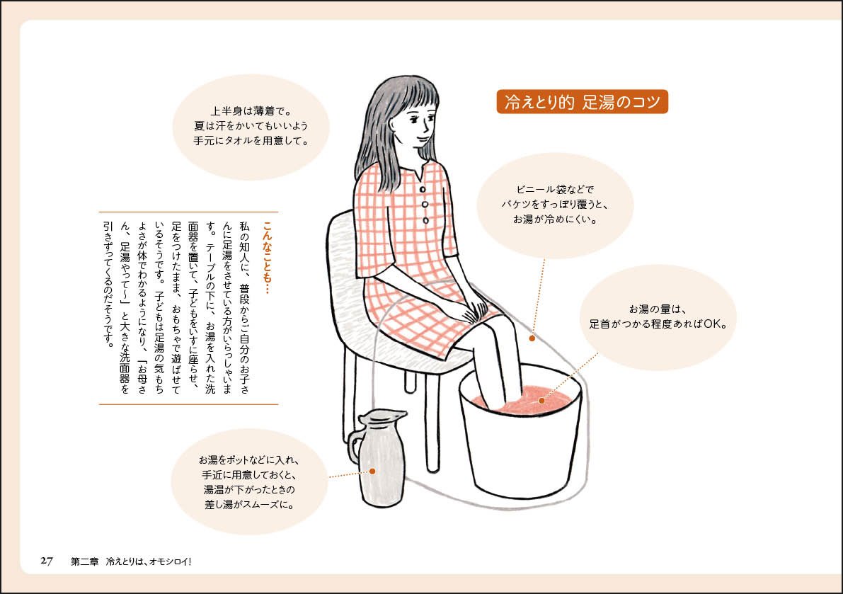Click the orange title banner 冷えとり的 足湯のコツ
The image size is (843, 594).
[582, 101]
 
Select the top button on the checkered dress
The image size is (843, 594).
[422, 190]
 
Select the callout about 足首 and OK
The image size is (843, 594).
[658, 316]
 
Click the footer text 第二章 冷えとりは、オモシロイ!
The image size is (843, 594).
[131, 561]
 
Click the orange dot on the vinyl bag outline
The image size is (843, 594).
[532, 338]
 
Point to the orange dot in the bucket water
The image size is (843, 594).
[541, 400]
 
